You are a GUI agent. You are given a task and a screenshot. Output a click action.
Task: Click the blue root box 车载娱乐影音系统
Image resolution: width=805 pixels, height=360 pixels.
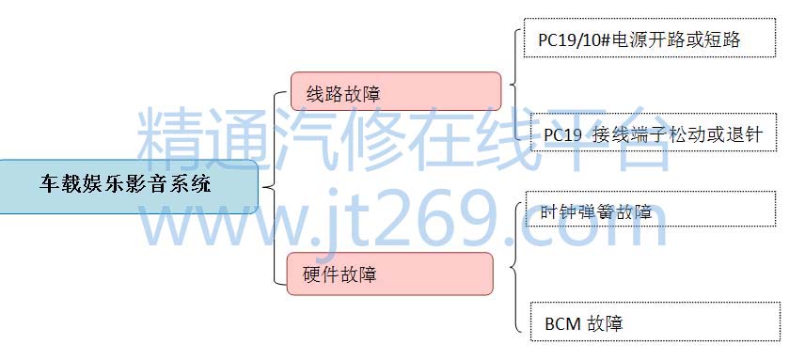128,186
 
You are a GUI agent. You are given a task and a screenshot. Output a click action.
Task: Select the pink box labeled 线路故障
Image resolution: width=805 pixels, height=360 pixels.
396,91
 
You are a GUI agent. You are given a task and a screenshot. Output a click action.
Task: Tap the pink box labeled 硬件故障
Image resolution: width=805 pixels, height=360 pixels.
389,274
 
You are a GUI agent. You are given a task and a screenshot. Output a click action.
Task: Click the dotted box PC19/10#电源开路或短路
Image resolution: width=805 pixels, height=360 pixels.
650,38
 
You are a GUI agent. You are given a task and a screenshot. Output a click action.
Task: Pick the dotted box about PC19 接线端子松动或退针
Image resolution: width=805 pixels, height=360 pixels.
653,133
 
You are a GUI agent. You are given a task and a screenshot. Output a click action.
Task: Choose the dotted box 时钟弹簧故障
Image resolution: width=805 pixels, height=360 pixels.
651,209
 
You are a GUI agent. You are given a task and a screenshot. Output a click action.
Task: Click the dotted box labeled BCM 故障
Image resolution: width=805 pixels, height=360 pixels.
655,321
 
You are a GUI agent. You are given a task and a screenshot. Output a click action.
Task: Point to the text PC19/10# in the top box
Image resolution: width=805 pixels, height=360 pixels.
574,39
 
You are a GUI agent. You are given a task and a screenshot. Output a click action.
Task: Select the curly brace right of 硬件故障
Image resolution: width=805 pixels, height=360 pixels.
515,266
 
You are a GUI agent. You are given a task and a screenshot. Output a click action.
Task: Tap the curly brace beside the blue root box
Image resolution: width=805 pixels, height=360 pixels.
275,188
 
